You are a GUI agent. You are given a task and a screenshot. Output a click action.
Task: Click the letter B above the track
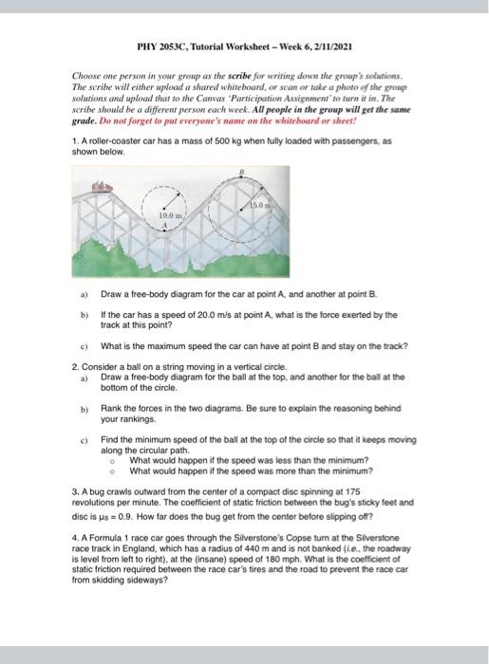[241, 171]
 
